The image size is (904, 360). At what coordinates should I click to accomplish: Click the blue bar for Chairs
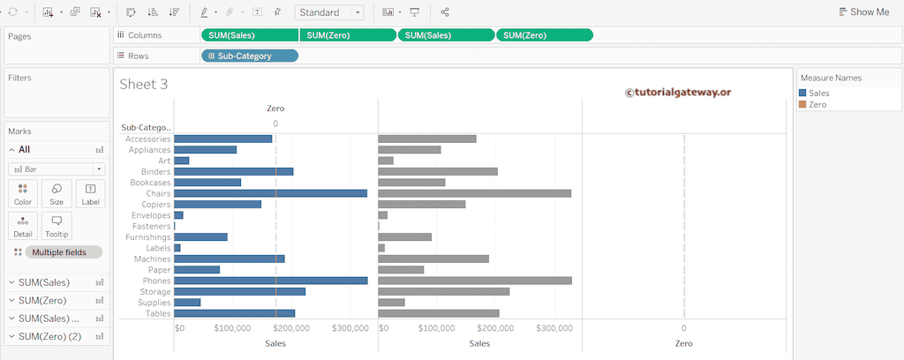(x=270, y=193)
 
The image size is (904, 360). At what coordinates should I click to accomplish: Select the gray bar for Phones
(x=474, y=281)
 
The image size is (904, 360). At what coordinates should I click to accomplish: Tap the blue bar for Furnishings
(x=200, y=236)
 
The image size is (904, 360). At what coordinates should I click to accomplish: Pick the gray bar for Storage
(x=443, y=291)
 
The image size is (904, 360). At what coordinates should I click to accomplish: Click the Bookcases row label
(x=149, y=183)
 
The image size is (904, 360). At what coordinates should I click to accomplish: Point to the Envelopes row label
(x=150, y=215)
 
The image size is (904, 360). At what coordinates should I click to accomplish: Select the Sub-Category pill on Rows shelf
(x=250, y=56)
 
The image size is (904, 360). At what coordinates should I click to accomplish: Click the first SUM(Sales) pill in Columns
(x=250, y=35)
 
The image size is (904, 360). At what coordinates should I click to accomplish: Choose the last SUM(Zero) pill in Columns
(x=544, y=35)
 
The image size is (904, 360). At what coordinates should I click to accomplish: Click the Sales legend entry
(x=818, y=93)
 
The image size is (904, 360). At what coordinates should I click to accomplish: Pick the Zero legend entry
(x=817, y=104)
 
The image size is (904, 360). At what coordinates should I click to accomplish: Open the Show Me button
(x=863, y=12)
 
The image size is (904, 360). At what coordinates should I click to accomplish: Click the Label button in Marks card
(x=90, y=194)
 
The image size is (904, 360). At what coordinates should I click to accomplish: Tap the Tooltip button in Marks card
(x=56, y=226)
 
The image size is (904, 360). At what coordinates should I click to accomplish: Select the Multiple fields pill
(x=63, y=252)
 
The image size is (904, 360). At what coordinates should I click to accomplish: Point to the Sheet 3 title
(x=144, y=85)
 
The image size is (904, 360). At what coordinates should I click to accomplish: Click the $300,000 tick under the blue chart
(x=350, y=328)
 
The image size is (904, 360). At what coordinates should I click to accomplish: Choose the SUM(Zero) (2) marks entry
(x=49, y=336)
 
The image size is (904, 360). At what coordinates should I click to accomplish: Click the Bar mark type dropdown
(x=56, y=169)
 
